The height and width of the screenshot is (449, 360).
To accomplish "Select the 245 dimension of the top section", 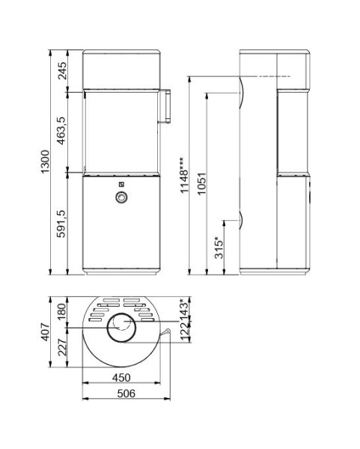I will (x=64, y=70).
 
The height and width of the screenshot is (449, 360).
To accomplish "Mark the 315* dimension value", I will (x=219, y=248).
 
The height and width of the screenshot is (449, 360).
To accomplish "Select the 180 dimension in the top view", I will (x=63, y=311).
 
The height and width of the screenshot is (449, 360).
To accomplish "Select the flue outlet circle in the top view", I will (x=120, y=327).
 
